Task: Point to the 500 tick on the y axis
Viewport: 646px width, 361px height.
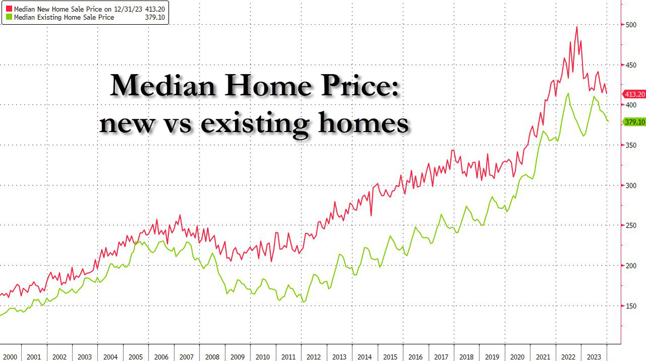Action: (630, 24)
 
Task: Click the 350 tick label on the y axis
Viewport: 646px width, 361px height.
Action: (630, 145)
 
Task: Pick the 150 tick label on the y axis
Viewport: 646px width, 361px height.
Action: (630, 306)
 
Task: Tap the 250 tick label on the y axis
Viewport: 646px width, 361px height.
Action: (630, 226)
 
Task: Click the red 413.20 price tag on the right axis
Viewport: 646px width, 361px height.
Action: (634, 94)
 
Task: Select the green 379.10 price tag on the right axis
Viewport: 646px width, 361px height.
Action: (634, 122)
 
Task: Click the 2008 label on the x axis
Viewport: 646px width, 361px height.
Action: (212, 357)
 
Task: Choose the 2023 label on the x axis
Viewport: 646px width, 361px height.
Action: (594, 357)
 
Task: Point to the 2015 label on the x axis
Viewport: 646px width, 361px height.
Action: (390, 357)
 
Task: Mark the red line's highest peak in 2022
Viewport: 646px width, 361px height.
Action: (577, 27)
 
